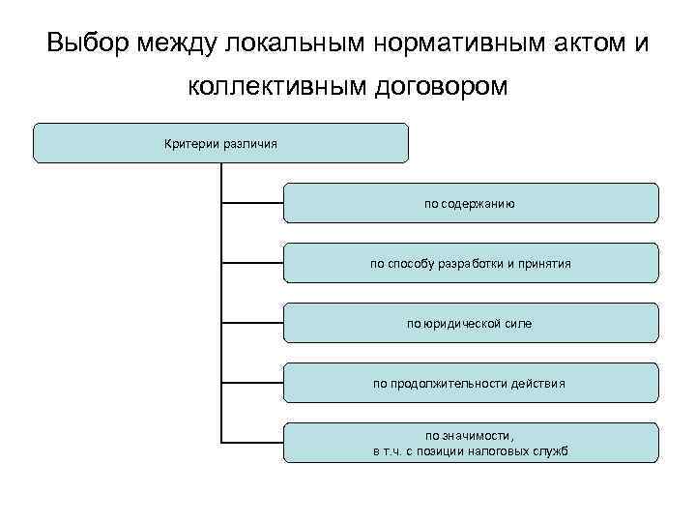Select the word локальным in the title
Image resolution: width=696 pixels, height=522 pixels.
click(x=296, y=43)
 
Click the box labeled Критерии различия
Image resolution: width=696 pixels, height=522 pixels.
click(x=220, y=143)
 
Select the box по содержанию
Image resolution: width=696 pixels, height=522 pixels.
click(x=471, y=203)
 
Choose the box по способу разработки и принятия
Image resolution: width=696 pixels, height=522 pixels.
click(x=471, y=263)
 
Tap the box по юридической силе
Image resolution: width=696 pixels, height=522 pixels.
click(x=471, y=323)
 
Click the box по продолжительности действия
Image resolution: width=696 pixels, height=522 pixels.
click(x=471, y=383)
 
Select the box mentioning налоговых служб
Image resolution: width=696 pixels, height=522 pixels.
click(x=471, y=443)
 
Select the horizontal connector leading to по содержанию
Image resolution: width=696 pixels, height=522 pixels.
click(x=252, y=203)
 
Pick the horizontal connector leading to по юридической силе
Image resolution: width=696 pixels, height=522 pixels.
click(x=252, y=323)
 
